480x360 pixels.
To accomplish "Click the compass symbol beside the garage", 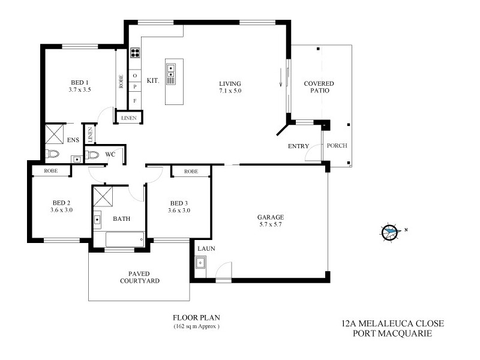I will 391,231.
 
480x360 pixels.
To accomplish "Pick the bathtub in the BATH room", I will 124,240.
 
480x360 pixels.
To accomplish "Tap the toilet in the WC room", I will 91,155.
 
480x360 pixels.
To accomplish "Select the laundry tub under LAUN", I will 200,262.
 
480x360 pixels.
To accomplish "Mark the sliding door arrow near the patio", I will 280,78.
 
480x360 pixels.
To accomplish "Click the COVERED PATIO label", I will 318,87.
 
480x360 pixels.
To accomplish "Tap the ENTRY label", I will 298,146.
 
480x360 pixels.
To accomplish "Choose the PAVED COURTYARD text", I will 140,277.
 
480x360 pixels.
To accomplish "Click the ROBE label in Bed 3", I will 191,172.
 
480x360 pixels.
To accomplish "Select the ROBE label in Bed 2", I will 50,172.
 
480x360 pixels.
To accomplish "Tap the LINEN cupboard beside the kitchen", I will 129,118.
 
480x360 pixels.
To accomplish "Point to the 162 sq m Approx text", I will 193,326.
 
